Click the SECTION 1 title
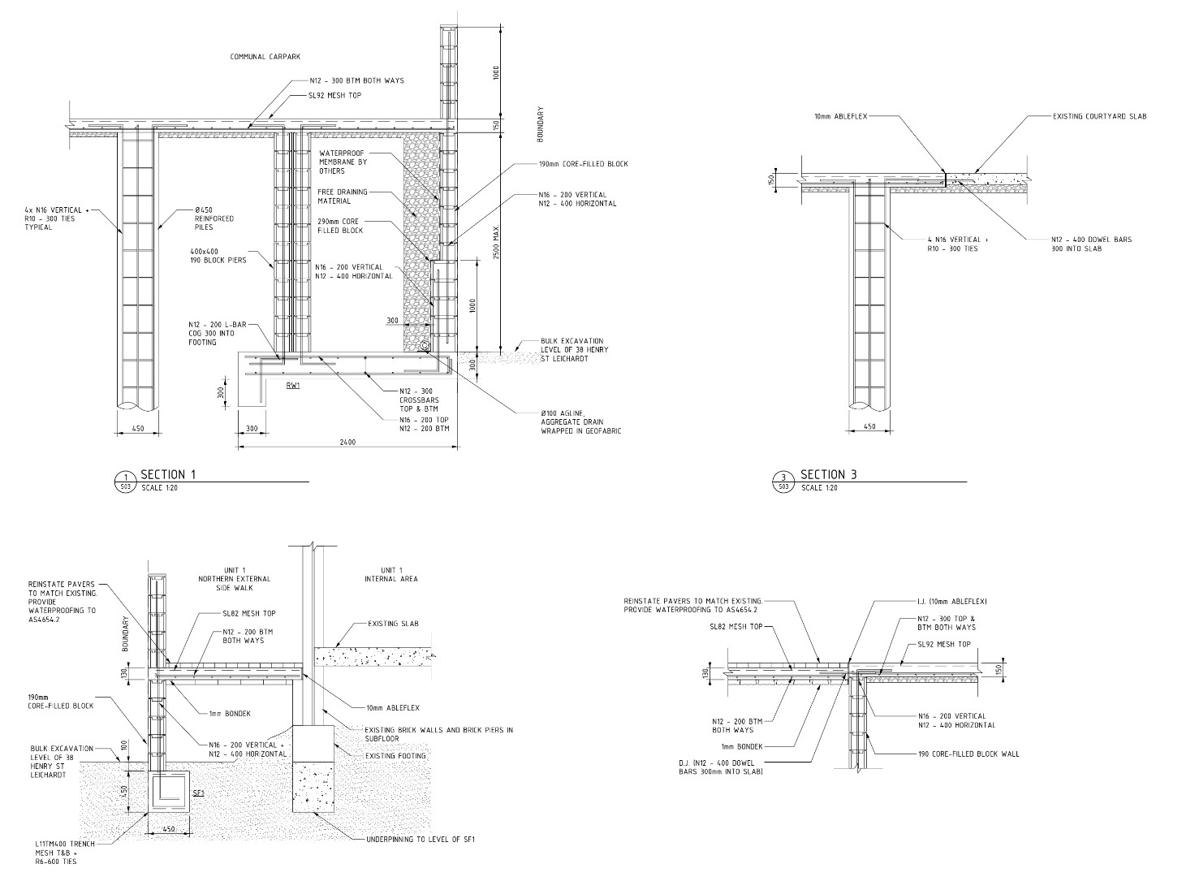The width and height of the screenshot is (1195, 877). pos(168,474)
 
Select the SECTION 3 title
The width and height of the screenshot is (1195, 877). pos(829,474)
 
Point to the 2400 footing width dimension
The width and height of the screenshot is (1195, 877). pos(347,442)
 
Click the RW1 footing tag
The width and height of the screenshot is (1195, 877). pos(293,385)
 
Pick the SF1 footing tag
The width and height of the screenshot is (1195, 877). pos(198,793)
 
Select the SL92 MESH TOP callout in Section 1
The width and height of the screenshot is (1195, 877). pos(336,96)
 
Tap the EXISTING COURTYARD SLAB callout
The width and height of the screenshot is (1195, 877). pos(1099,116)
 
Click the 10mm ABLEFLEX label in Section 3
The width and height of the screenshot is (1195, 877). pos(841,116)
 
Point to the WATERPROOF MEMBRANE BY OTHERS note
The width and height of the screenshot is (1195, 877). pos(343,162)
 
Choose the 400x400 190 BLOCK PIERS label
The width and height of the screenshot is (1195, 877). pos(218,256)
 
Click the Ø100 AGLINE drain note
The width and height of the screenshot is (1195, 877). pos(581,421)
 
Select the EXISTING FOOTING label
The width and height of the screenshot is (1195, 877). pos(395,756)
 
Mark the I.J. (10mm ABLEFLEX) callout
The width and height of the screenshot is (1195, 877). pos(951,602)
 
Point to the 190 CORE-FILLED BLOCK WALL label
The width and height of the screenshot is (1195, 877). pos(969,754)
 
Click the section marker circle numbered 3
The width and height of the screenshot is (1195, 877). pos(783,482)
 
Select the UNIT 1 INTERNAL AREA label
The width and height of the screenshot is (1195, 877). pos(391,574)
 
